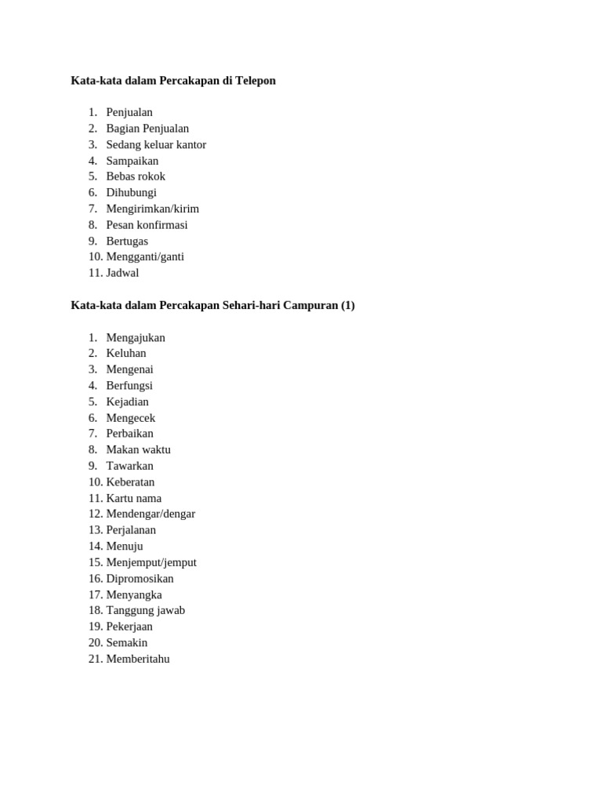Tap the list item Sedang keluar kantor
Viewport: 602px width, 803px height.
(156, 144)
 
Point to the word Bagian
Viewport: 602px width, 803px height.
(123, 129)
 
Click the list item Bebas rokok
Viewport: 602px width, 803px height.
(136, 176)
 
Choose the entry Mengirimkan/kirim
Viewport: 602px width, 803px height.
(153, 209)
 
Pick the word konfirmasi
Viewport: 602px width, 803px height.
(161, 225)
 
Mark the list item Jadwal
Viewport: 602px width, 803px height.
(122, 273)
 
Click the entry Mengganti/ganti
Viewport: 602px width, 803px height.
(145, 256)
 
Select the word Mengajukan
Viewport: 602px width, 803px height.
(136, 337)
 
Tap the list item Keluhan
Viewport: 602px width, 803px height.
(126, 353)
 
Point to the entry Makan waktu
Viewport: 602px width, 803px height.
(138, 449)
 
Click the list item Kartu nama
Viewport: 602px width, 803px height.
(134, 498)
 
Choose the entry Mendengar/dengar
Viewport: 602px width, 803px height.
(150, 514)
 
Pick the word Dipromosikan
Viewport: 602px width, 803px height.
(140, 579)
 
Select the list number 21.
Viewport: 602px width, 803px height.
(95, 659)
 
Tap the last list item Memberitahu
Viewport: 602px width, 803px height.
(138, 659)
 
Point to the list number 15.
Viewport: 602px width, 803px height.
(95, 562)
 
